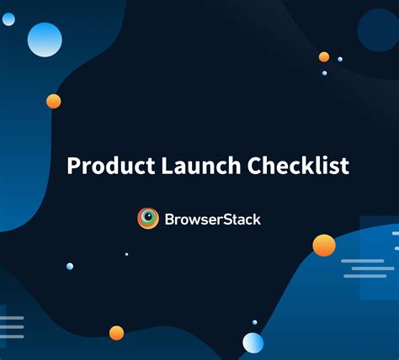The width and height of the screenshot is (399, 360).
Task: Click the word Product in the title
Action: pyautogui.click(x=109, y=166)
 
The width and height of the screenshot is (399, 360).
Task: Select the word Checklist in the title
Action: pyautogui.click(x=299, y=166)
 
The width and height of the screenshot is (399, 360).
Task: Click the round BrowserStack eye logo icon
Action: pyautogui.click(x=148, y=219)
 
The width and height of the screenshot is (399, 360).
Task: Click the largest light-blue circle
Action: pyautogui.click(x=45, y=40)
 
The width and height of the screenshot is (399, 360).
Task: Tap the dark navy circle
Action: pyautogui.click(x=376, y=31)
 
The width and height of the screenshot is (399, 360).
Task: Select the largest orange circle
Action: pyautogui.click(x=324, y=245)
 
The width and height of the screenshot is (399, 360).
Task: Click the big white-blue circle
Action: pyautogui.click(x=253, y=342)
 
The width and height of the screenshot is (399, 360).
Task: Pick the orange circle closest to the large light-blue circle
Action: pyautogui.click(x=54, y=101)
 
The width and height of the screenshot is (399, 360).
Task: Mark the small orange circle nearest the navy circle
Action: pyautogui.click(x=324, y=57)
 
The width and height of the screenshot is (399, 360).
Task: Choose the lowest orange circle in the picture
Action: pyautogui.click(x=116, y=332)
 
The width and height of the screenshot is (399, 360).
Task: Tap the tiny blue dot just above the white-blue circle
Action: pyautogui.click(x=254, y=321)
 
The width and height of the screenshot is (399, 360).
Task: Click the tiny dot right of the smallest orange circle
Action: pyautogui.click(x=340, y=59)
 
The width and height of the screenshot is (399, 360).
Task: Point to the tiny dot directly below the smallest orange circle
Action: pyautogui.click(x=324, y=73)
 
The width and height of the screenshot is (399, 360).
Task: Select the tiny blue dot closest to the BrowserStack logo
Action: pyautogui.click(x=126, y=254)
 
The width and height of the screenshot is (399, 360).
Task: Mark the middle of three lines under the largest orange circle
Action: pyautogui.click(x=364, y=268)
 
